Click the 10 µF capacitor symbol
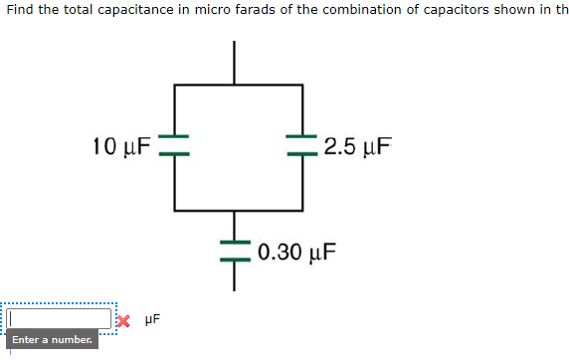[174, 146]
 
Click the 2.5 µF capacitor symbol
[302, 146]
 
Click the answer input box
[60, 318]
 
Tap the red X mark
[122, 320]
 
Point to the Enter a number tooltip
[54, 340]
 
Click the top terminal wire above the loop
[236, 63]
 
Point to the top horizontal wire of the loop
[239, 86]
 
